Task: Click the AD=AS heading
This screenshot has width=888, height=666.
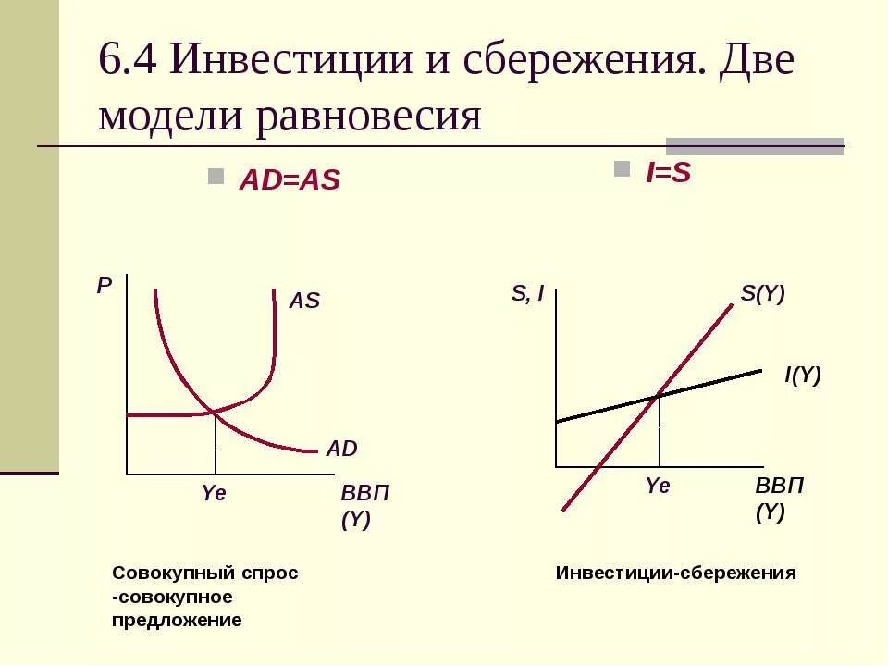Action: [x=290, y=181]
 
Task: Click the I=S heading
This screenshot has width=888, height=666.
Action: [x=669, y=173]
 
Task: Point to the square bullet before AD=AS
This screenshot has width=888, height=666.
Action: [x=216, y=176]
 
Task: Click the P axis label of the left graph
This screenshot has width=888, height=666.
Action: [x=104, y=287]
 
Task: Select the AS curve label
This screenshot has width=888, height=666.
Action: [x=304, y=301]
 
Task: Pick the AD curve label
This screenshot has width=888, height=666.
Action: [x=341, y=450]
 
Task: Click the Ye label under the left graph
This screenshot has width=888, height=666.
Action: [x=214, y=494]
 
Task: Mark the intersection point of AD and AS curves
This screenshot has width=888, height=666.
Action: [x=215, y=411]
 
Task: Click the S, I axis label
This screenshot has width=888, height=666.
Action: [x=527, y=295]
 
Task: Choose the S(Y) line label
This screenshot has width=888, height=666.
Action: [x=762, y=294]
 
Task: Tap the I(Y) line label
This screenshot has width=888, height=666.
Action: [x=802, y=376]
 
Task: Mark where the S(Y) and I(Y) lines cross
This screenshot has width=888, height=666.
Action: [x=659, y=396]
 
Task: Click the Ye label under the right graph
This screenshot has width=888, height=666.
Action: [x=658, y=486]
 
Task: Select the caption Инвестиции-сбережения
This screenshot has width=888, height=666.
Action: [x=675, y=573]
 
